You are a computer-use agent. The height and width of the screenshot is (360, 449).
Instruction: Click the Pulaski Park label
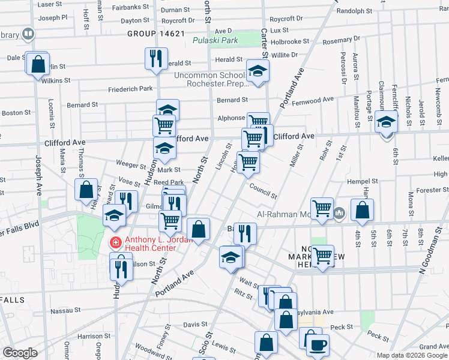[x=215, y=41]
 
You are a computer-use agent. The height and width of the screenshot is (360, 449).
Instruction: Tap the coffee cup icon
[x=318, y=344]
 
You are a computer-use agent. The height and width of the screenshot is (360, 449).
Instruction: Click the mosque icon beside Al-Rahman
[x=339, y=212]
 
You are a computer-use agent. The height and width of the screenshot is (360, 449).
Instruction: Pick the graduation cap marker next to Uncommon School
[x=258, y=71]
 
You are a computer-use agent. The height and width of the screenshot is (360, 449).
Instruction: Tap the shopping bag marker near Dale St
[x=37, y=64]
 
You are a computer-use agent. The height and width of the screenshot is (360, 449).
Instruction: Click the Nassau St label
[x=65, y=311]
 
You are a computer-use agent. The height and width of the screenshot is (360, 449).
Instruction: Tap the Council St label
[x=264, y=191]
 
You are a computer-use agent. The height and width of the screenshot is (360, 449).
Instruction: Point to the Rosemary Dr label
[x=342, y=40]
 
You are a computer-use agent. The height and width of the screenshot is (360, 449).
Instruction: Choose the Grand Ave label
[x=433, y=347]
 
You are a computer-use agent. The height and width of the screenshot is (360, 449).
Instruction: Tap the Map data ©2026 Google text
[x=411, y=355]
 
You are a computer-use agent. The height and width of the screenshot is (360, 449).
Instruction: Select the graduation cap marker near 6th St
[x=385, y=122]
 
